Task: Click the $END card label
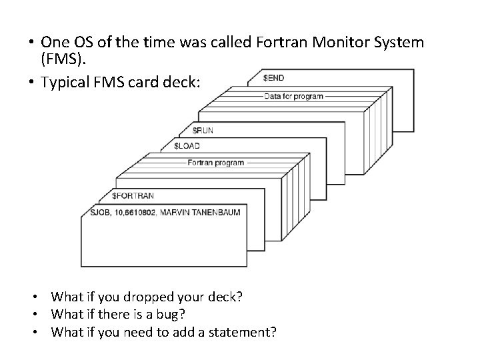273,78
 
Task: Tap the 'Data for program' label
293,96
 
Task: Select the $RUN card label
203,130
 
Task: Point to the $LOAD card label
187,145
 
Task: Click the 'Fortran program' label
215,163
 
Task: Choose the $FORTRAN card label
133,196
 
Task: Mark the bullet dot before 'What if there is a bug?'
41,314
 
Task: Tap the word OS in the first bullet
78,43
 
